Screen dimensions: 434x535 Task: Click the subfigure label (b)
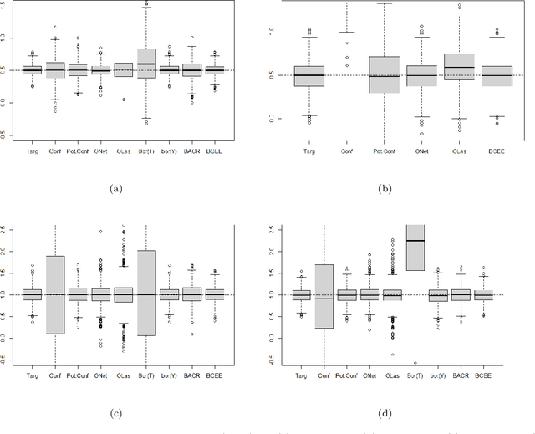point(386,191)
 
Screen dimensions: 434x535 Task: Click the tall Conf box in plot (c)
point(55,294)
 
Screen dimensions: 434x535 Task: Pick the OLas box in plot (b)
point(459,70)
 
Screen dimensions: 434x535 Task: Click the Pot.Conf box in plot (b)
point(384,74)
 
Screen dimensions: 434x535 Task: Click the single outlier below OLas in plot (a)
point(124,100)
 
